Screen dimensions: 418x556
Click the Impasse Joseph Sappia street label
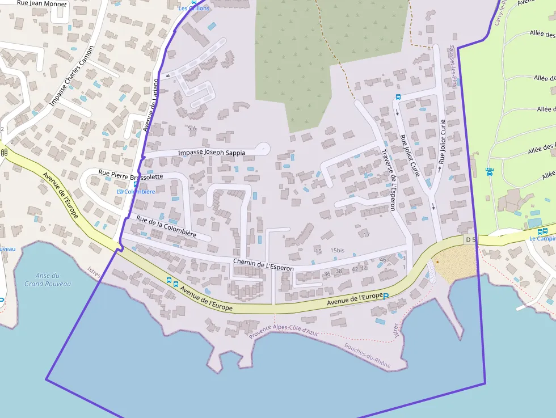(x=212, y=153)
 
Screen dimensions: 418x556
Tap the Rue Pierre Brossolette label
(x=130, y=175)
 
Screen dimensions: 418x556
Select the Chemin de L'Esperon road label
(x=263, y=263)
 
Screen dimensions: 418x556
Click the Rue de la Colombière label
(x=166, y=226)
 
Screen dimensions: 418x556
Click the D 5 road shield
(x=469, y=240)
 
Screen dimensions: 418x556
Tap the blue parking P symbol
(x=386, y=295)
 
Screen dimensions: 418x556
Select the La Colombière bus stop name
(x=136, y=192)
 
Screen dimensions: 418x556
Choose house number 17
(x=367, y=234)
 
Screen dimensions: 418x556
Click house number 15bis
(x=338, y=250)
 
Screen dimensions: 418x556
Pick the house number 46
(x=383, y=260)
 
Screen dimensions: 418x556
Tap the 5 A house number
(x=192, y=129)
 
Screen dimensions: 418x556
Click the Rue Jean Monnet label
(x=41, y=4)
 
